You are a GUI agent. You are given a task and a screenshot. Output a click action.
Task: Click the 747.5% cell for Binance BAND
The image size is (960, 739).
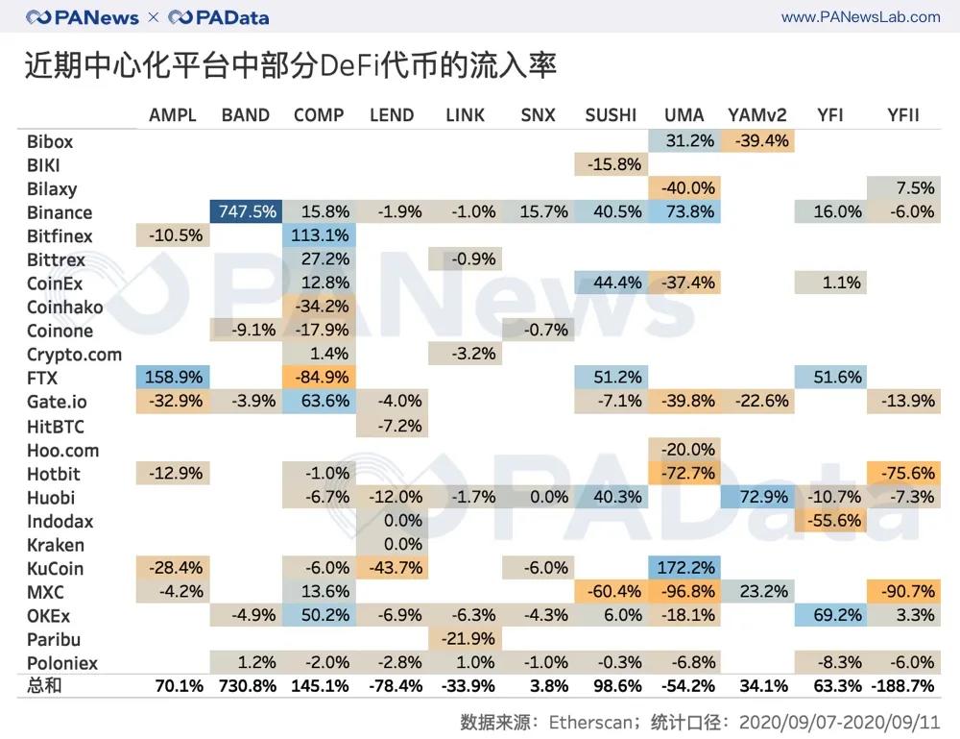pyautogui.click(x=245, y=212)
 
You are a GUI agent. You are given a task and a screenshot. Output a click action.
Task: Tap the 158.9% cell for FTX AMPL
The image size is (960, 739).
pyautogui.click(x=173, y=378)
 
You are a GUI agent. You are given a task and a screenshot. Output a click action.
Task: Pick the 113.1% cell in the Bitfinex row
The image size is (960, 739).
pyautogui.click(x=319, y=236)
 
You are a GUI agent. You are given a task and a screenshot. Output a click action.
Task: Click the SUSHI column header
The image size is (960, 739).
pyautogui.click(x=611, y=115)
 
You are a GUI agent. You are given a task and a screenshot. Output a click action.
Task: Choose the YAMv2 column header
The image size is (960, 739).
pyautogui.click(x=757, y=115)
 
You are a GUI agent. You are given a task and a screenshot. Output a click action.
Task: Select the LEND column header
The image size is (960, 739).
pyautogui.click(x=392, y=115)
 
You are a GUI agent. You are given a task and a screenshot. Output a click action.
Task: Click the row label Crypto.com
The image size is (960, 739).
pyautogui.click(x=74, y=355)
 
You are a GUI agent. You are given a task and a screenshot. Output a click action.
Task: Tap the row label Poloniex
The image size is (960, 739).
pyautogui.click(x=62, y=663)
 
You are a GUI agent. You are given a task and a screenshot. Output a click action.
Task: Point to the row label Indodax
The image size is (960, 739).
pyautogui.click(x=60, y=522)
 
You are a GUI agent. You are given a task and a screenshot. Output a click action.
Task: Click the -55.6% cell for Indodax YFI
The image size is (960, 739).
pyautogui.click(x=830, y=521)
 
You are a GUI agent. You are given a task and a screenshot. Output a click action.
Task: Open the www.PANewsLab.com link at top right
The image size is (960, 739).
pyautogui.click(x=860, y=16)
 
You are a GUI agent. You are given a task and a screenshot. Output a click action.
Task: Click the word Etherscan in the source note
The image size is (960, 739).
pyautogui.click(x=586, y=721)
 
